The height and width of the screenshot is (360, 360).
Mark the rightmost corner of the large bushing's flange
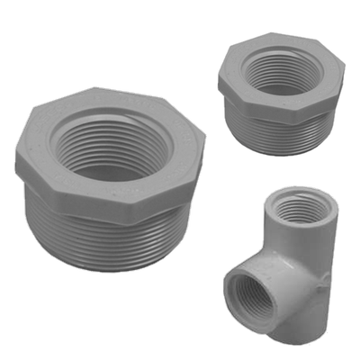pos(204,144)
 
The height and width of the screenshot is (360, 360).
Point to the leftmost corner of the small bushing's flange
pos(220,79)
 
